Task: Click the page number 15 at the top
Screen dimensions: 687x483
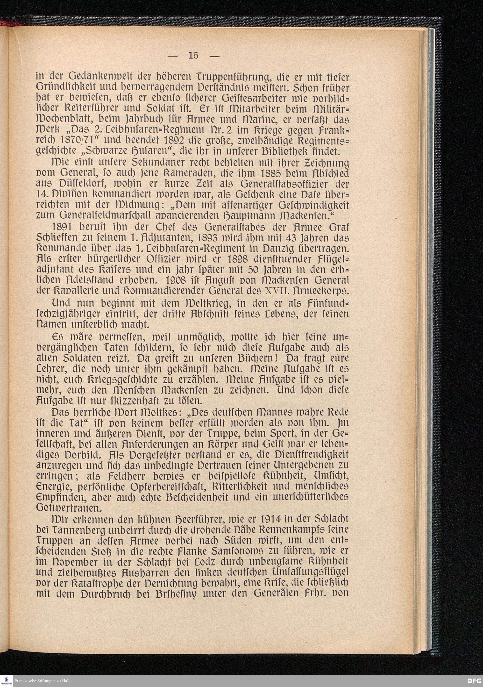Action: (193, 55)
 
